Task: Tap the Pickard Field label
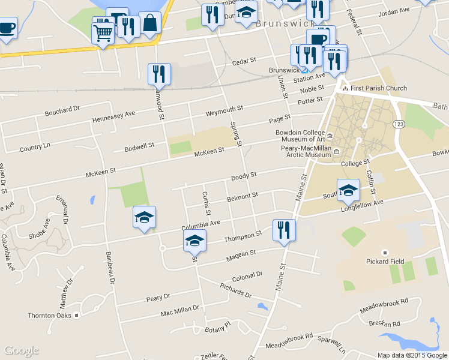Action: (385, 261)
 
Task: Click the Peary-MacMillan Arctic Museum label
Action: (306, 151)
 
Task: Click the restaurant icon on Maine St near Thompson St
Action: (283, 230)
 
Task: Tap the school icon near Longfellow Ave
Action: (348, 190)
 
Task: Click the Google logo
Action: (21, 350)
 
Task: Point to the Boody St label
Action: (244, 176)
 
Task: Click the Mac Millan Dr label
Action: (179, 311)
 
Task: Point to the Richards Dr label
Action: (235, 291)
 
